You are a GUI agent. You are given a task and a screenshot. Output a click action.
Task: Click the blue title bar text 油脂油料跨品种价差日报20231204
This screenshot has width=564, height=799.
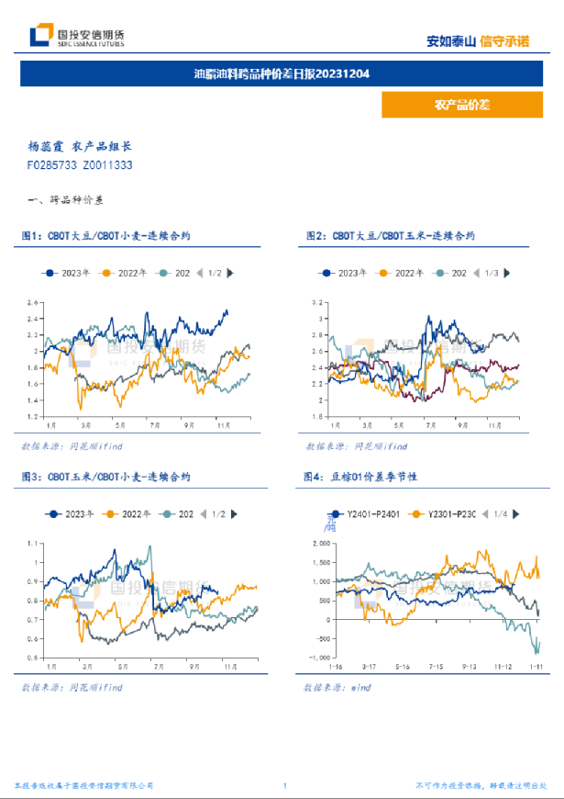[x=282, y=73]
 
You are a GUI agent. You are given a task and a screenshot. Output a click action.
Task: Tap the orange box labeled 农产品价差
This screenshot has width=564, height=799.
[x=461, y=105]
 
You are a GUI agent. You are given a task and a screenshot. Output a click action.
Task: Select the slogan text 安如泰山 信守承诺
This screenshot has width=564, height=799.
[x=478, y=40]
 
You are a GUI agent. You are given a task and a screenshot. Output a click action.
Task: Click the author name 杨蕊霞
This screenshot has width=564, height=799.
[x=45, y=146]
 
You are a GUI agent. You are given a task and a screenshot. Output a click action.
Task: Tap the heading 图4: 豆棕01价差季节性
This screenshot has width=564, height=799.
[x=360, y=478]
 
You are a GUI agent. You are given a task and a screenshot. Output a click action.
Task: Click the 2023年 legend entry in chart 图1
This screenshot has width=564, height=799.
[x=68, y=273]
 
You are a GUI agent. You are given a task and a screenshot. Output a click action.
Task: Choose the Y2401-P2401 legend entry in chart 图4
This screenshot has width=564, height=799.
[x=363, y=514]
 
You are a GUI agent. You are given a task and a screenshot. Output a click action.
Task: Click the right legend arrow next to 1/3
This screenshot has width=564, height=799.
[x=506, y=273]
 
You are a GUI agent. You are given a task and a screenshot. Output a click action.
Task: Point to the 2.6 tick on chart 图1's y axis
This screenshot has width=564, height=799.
[x=33, y=303]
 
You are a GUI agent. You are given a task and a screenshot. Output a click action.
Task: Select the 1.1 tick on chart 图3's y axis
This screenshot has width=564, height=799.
[x=34, y=543]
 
